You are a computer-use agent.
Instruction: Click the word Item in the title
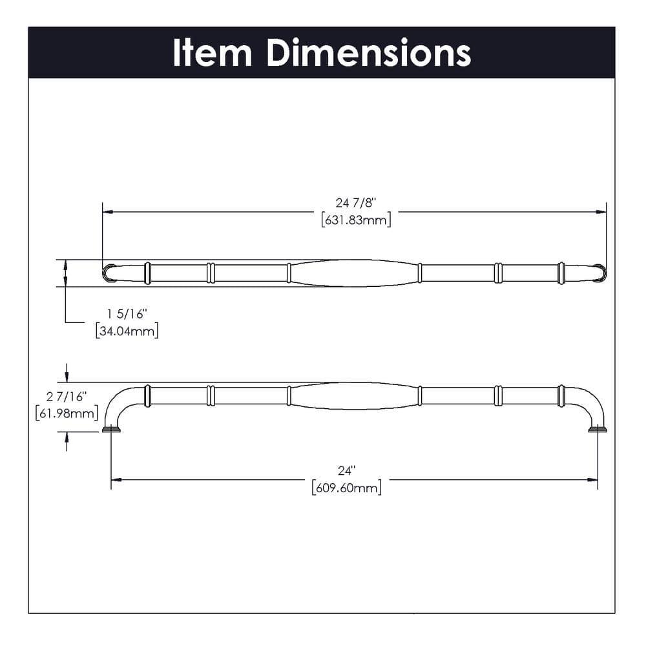coord(212,53)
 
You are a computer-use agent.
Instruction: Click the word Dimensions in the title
coord(368,53)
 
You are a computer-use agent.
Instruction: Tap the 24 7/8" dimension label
coord(355,203)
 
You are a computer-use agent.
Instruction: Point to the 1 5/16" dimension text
coord(127,314)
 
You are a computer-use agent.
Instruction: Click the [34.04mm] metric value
coord(127,331)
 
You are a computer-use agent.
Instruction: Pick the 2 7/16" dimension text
coord(67,395)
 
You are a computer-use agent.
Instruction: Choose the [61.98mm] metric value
coord(67,412)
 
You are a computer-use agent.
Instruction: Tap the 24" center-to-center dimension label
coord(346,471)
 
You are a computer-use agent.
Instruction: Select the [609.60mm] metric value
coord(346,488)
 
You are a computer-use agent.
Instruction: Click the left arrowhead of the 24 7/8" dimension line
coord(108,211)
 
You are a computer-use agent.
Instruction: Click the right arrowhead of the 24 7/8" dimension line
coord(601,211)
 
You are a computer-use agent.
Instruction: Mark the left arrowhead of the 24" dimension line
coord(116,479)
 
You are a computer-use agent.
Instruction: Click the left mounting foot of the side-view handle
coord(111,429)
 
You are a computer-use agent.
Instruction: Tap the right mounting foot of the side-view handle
coord(597,429)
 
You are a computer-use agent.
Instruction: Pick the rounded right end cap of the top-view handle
coord(599,273)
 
